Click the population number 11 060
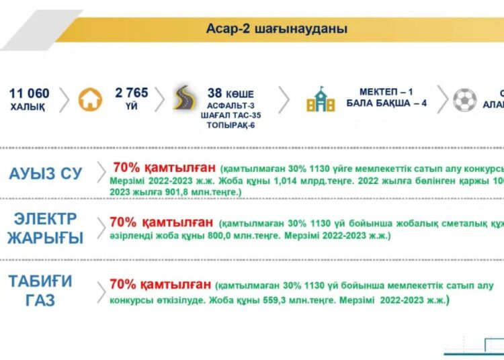30,93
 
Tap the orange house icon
91,99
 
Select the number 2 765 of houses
132,93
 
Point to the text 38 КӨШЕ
230,94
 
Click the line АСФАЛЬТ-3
231,106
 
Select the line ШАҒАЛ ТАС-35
230,116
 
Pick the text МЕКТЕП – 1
387,92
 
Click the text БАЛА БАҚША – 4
386,103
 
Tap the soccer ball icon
464,99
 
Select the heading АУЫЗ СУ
46,173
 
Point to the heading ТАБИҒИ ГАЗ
40,290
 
